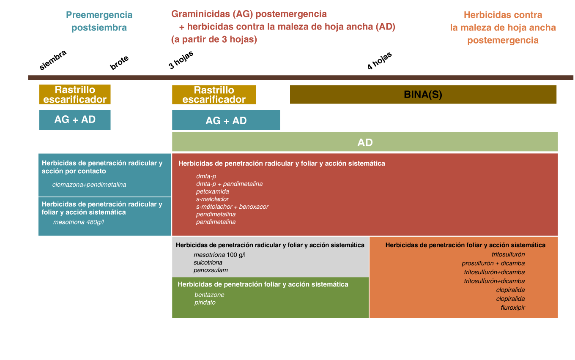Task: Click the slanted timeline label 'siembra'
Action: pos(52,60)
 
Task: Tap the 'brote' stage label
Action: pos(119,63)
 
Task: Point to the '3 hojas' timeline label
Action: pos(181,60)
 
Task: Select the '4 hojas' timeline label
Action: pos(379,61)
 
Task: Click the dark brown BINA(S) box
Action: pos(423,94)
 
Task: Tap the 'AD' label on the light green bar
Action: pos(365,142)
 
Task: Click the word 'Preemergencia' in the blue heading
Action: pos(99,15)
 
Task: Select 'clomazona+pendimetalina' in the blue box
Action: pos(89,185)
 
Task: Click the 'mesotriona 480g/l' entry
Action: pos(79,222)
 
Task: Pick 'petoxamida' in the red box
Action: pos(213,191)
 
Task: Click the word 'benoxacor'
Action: pos(254,207)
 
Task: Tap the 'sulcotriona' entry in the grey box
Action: pos(208,262)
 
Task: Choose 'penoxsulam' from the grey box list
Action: pos(211,270)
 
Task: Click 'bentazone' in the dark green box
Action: pos(209,295)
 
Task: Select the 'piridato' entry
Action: pos(205,303)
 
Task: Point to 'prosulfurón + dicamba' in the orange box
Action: pos(493,263)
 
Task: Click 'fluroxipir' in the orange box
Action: pos(513,308)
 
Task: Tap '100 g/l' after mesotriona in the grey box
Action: pos(236,255)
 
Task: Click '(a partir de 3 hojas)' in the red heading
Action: pos(214,39)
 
